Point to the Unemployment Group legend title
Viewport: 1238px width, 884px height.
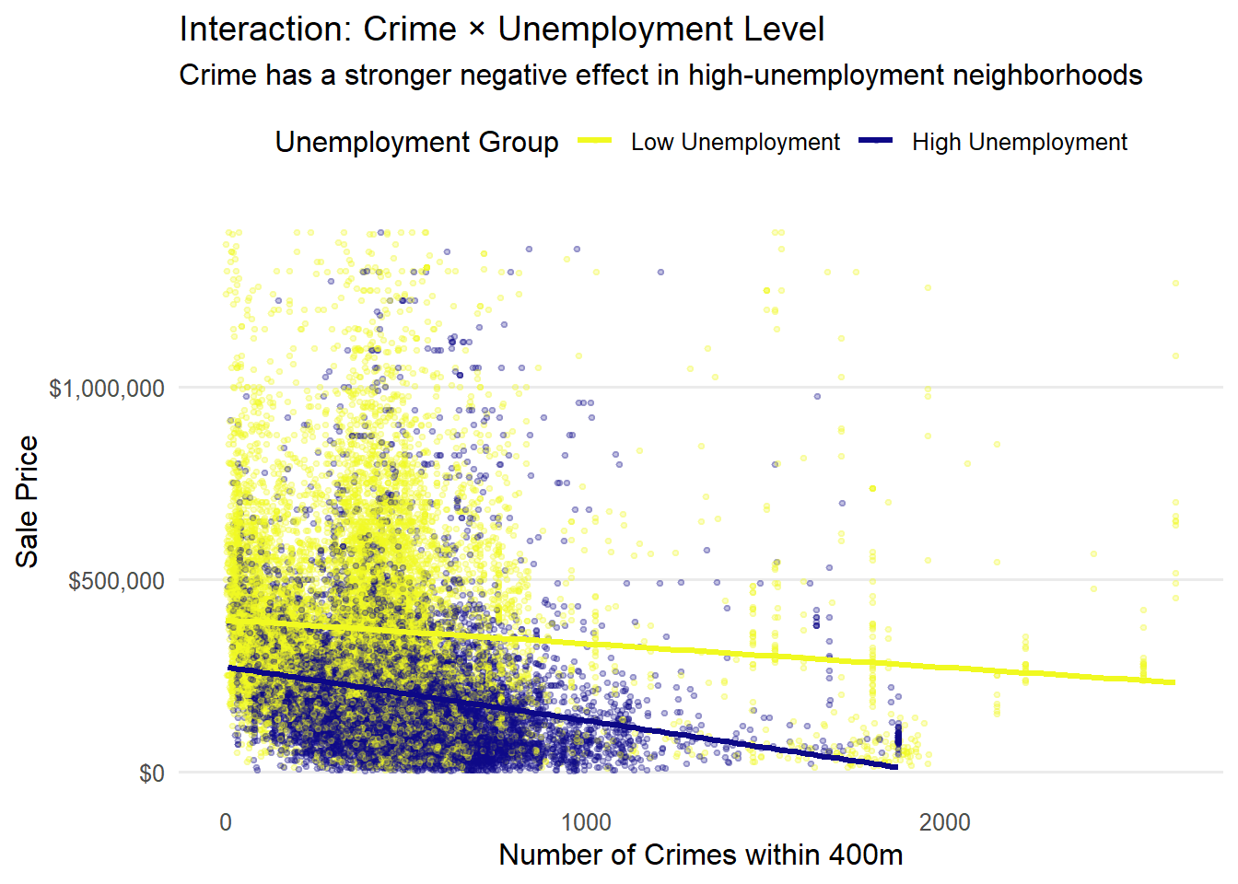pos(416,142)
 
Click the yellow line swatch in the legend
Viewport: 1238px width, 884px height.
pos(595,141)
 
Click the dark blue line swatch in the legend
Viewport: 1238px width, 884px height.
pos(876,141)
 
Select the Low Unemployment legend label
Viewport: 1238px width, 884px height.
pos(735,142)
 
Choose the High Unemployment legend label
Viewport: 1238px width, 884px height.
pos(1020,142)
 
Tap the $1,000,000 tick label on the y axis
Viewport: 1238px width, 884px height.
pos(107,388)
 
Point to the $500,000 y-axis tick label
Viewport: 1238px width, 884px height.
pos(117,580)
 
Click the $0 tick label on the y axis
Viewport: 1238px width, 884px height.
pos(152,773)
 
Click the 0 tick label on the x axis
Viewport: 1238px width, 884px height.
pos(226,822)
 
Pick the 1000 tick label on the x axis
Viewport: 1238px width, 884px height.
pos(586,822)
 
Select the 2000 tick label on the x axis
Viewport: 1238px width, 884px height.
pos(945,822)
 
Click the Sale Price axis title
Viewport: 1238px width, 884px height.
pos(28,502)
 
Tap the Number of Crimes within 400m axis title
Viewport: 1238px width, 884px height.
pos(700,855)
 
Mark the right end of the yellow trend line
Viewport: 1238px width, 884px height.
pos(1174,682)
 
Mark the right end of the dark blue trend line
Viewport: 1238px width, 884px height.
pos(896,767)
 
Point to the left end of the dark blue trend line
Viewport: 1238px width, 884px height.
pos(228,668)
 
